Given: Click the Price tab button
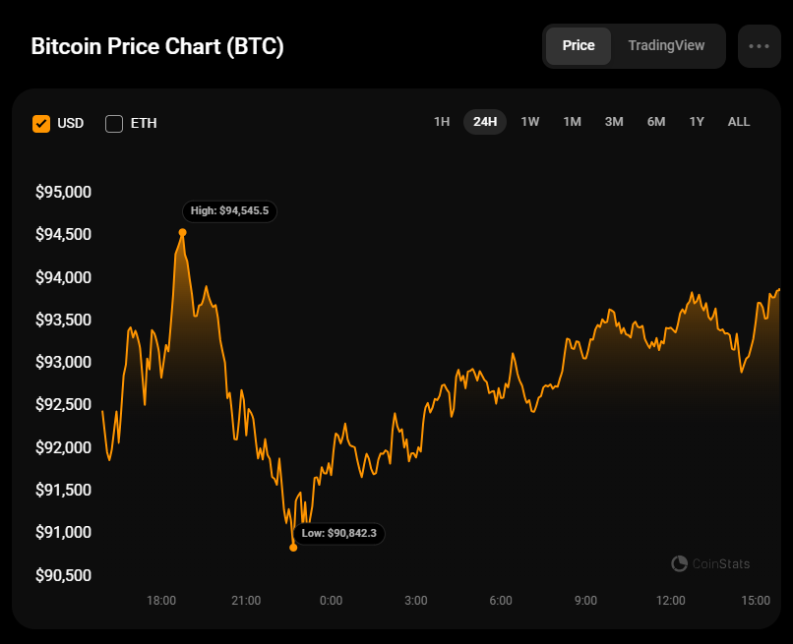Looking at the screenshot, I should point(579,45).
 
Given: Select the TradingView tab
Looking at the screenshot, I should point(666,45).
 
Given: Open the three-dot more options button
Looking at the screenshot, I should point(759,45).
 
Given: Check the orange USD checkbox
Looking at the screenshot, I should point(41,123).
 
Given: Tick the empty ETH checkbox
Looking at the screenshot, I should point(114,123).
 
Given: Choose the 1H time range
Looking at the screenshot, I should point(442,122).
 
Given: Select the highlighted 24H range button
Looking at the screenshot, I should point(485,122).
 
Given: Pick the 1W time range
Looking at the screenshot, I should point(530,122).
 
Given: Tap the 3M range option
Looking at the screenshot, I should point(614,122).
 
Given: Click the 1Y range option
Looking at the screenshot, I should point(697,122).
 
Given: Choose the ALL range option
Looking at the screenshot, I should point(739,122).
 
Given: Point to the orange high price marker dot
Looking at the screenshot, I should point(182,233).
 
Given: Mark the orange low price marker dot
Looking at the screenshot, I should point(293,548).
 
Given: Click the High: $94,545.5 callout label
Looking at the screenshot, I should point(230,210).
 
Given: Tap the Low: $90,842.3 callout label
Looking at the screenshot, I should point(338,533).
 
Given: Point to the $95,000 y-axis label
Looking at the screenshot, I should point(63,192).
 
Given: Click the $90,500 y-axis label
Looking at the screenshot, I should point(63,574).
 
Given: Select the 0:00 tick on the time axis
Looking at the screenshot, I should point(332,600).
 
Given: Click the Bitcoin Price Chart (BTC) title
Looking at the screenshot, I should point(157,46).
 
